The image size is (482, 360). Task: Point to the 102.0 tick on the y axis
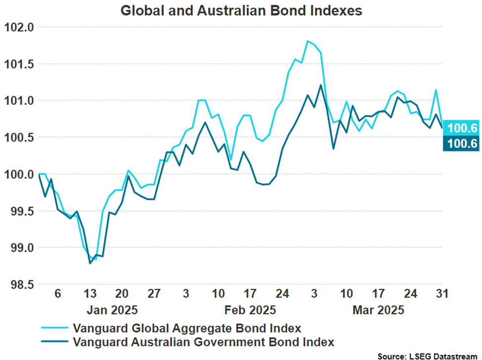point(19,27)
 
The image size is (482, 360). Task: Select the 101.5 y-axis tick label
point(19,64)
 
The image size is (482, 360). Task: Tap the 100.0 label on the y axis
point(19,174)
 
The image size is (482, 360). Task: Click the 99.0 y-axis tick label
point(19,248)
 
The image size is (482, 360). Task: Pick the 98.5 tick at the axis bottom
point(19,284)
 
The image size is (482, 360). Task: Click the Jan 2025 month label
point(112,311)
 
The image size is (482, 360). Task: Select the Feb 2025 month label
point(250,311)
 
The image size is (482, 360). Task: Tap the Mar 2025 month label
point(378,311)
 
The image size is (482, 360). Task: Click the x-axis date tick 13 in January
point(90,293)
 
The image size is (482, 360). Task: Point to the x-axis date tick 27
point(154,293)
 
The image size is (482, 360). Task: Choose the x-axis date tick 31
point(441,293)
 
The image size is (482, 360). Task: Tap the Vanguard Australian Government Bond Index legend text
point(203,342)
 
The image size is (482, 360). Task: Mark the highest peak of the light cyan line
point(307,41)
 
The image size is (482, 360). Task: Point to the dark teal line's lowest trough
point(90,264)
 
